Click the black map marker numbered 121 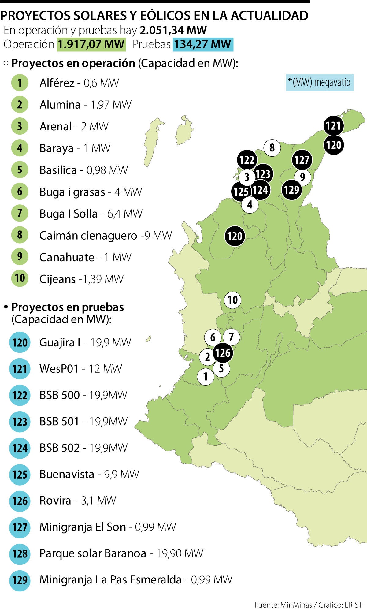[333, 126]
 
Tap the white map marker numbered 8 [272, 148]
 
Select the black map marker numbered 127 [302, 160]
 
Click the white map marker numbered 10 [233, 300]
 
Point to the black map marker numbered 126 [222, 353]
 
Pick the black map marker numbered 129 [291, 190]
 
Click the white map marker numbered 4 [250, 204]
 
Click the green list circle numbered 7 [20, 213]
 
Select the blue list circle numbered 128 [20, 554]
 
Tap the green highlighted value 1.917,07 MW [91, 44]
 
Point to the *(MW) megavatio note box [320, 83]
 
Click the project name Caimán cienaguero [88, 236]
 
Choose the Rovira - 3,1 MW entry [78, 501]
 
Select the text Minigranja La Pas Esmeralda [110, 579]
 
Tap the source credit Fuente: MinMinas [283, 605]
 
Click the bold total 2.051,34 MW [173, 30]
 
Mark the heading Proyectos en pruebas [67, 307]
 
